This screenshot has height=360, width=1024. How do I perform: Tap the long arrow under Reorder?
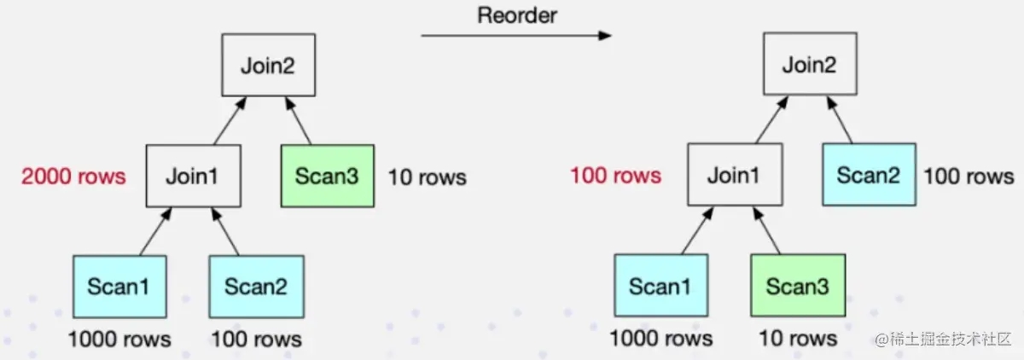tap(516, 36)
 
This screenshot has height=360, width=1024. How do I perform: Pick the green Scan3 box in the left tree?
tap(329, 177)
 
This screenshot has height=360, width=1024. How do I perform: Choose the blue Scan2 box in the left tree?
tap(257, 286)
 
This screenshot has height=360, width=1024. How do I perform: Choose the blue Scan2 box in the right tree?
tap(869, 177)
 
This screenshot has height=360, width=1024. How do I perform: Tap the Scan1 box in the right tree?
tap(659, 286)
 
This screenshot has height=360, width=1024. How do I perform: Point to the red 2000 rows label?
tap(73, 177)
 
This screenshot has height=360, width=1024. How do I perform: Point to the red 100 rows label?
tap(615, 177)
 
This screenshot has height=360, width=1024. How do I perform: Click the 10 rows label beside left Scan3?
tap(428, 177)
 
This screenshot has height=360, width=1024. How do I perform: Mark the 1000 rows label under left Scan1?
tap(119, 339)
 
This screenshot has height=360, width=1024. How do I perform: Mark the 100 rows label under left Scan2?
tap(256, 339)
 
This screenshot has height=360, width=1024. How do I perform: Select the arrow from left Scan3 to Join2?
tap(299, 120)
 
